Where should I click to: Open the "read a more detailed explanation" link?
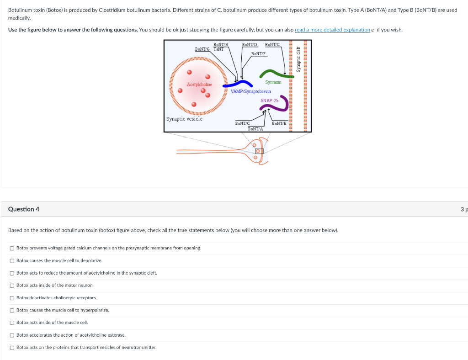coord(332,30)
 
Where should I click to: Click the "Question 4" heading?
coord(24,209)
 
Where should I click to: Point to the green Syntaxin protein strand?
coord(273,73)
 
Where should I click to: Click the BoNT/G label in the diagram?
coord(202,49)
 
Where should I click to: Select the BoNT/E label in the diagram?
coord(279,123)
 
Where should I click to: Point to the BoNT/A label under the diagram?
coord(255,129)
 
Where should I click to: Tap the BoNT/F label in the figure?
coord(259,54)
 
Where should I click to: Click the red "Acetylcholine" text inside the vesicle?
coord(199,85)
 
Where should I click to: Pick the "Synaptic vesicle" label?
coord(184,119)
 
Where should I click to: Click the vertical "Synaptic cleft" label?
coord(298,59)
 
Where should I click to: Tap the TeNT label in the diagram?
coord(218,49)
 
